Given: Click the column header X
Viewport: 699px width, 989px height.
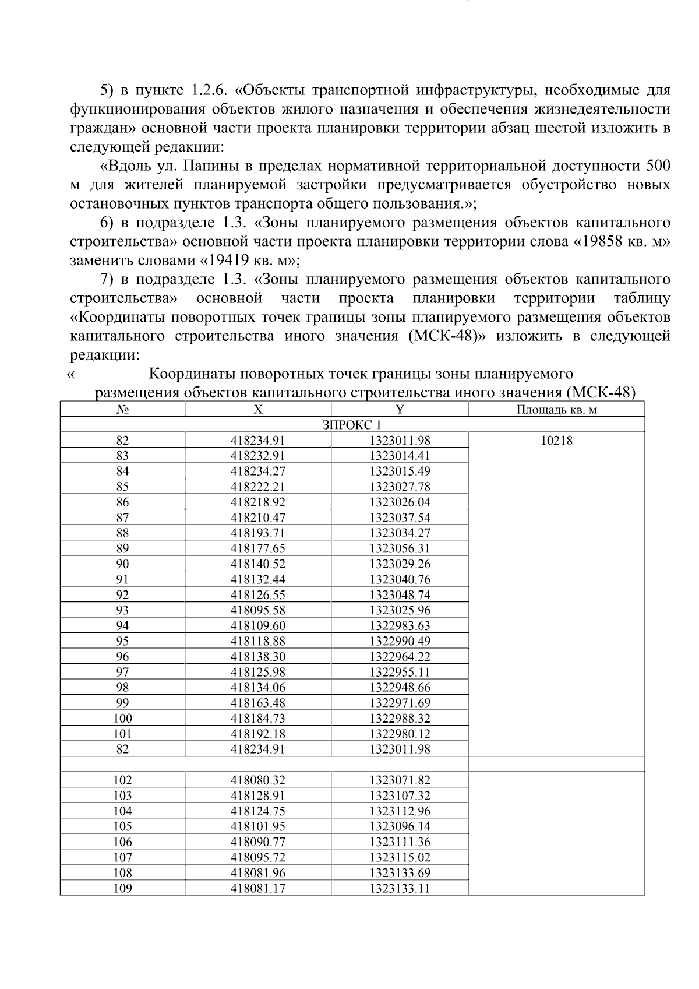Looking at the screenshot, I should [x=258, y=410].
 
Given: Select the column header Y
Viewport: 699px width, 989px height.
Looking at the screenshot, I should [x=400, y=410].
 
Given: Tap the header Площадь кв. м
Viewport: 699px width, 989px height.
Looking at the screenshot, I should [x=556, y=410].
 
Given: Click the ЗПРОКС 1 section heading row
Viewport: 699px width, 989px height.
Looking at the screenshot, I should [x=352, y=425].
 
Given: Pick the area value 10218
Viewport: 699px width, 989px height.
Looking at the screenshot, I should [x=556, y=441].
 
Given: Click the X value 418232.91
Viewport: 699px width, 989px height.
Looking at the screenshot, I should [x=258, y=456].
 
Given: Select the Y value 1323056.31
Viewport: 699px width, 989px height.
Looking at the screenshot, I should [x=400, y=548].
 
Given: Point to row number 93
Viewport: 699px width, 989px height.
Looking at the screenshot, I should [x=122, y=610].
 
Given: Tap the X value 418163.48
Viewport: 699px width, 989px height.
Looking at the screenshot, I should [x=258, y=703].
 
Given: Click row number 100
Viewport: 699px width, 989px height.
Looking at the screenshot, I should [x=122, y=719].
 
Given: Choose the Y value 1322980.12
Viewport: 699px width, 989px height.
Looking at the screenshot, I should [x=400, y=734].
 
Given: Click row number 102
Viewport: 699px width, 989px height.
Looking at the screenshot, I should [x=122, y=780].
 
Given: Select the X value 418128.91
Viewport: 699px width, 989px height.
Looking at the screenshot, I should [x=258, y=796].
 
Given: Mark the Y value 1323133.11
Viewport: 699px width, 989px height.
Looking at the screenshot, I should [x=400, y=888].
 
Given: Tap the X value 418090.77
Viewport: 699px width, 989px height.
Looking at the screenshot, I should [x=258, y=842].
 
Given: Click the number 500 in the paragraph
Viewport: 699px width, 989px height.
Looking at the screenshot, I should [x=657, y=166].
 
